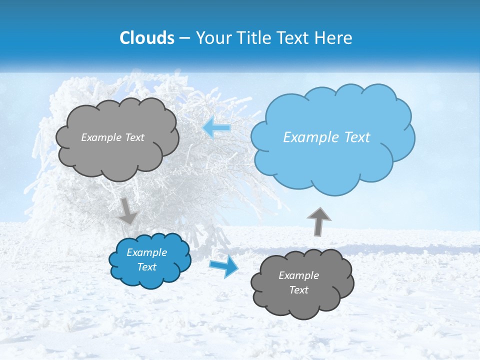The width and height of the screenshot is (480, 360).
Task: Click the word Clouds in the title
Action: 147,38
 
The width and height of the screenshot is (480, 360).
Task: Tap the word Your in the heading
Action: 212,38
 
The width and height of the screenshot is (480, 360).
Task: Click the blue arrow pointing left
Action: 217,128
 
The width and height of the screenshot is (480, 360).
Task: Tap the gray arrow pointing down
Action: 128,210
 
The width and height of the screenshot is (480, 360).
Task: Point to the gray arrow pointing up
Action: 319,221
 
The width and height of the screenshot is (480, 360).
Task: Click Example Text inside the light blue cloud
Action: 326,137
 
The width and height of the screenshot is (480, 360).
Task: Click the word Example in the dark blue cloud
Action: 146,252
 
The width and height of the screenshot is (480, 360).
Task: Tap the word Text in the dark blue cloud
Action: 146,267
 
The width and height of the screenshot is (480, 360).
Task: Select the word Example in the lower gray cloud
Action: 298,275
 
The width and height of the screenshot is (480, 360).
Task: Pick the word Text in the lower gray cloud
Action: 298,290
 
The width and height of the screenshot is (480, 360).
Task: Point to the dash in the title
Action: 184,38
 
